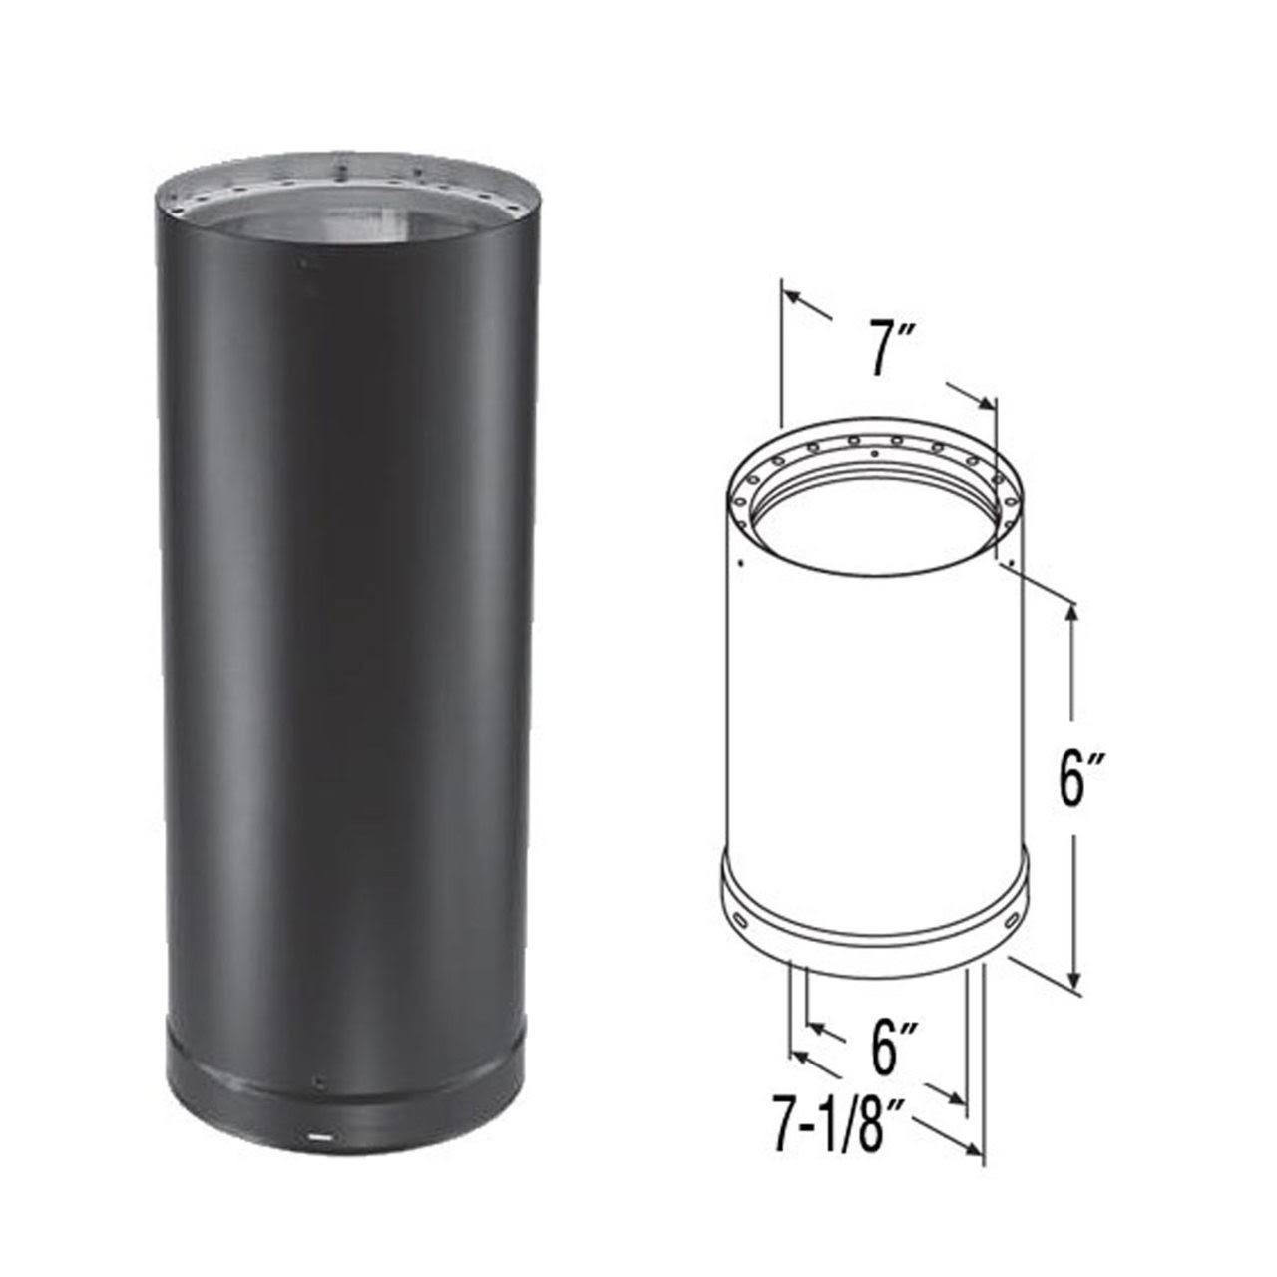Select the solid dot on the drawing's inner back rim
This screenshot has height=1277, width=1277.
point(875,454)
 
